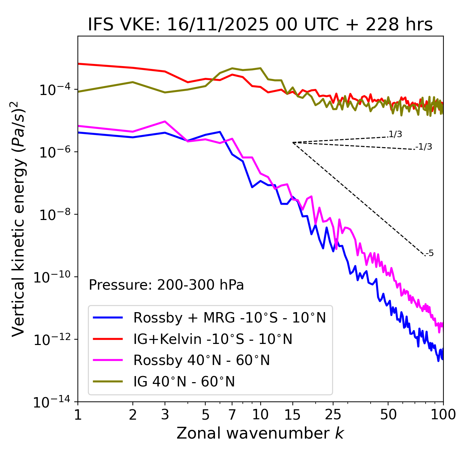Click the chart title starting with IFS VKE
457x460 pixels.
(260, 24)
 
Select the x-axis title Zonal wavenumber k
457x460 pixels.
(260, 433)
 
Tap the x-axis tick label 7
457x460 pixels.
(232, 415)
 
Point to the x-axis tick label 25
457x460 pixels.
(333, 415)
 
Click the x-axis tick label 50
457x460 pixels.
(388, 415)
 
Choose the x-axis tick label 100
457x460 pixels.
(443, 415)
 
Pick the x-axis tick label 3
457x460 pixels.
(165, 415)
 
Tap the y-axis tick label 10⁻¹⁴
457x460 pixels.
(52, 402)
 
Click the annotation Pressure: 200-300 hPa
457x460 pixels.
(166, 285)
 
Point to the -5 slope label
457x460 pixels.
(430, 253)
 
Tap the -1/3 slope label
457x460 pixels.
(424, 146)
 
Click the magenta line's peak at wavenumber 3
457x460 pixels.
(165, 121)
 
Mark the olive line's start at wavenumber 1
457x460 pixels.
(78, 92)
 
